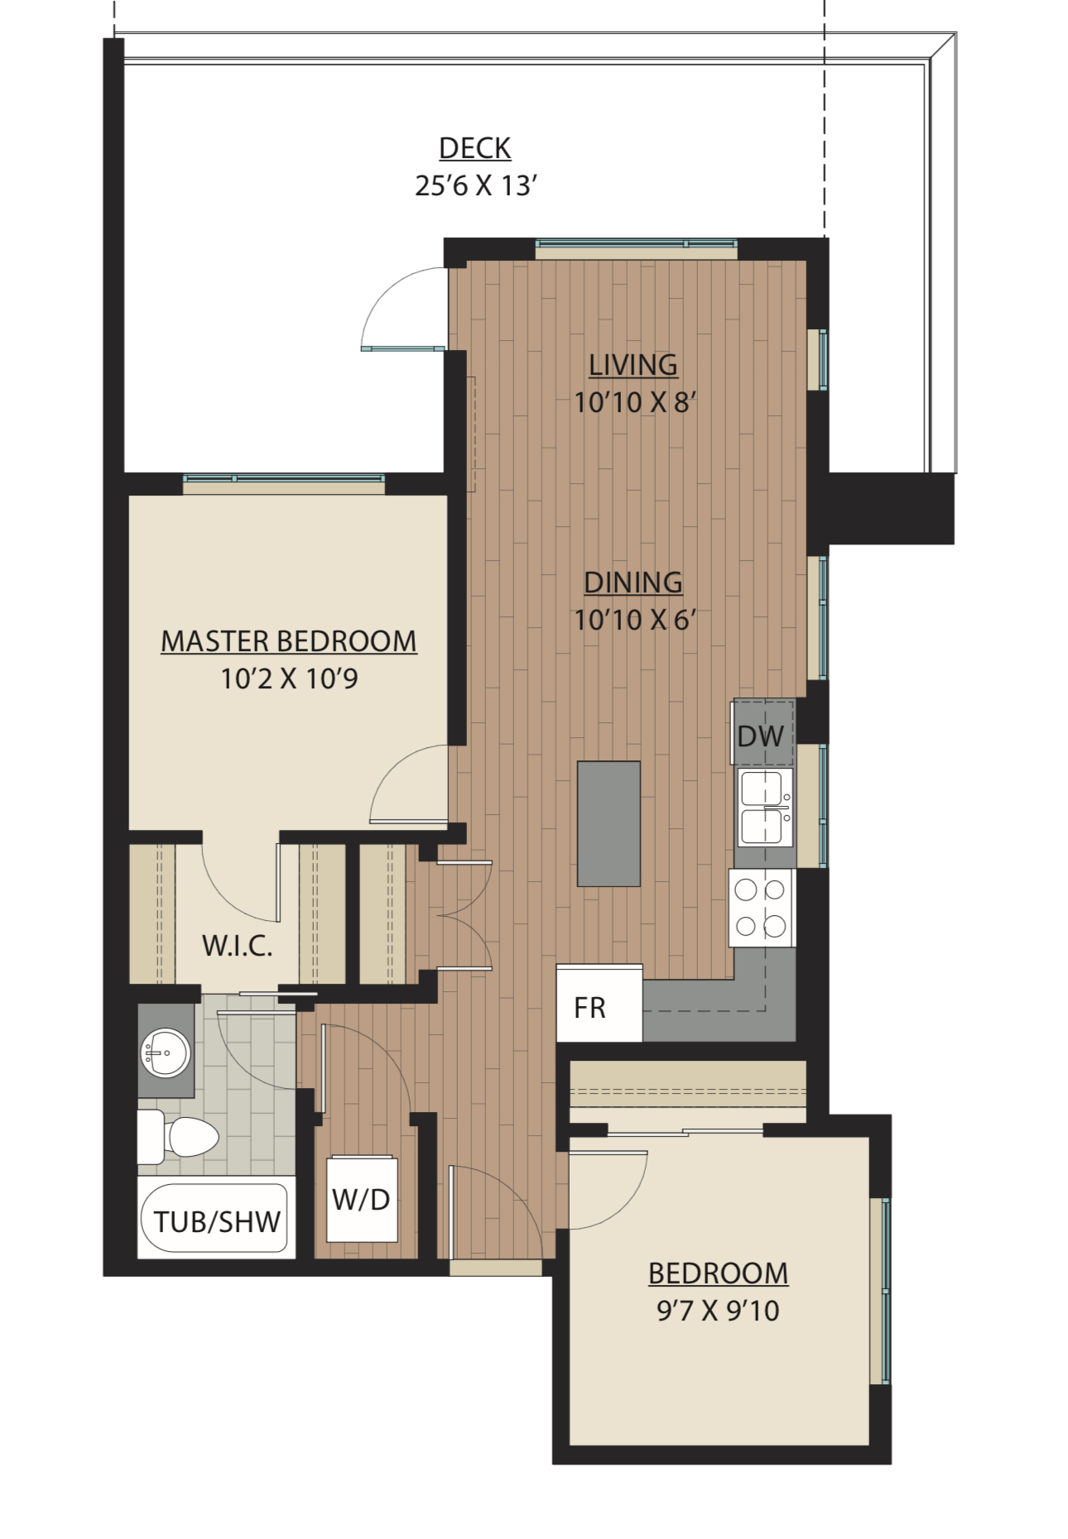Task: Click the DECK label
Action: point(474,148)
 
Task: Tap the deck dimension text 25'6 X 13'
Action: point(476,185)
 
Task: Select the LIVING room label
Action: point(633,365)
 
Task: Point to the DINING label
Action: point(633,583)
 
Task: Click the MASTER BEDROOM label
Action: point(289,641)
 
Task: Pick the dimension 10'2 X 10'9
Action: point(289,678)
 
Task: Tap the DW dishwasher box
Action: point(763,734)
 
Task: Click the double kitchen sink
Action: point(764,808)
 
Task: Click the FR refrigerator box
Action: point(599,1004)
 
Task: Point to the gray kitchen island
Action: point(609,824)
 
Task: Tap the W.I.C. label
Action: point(238,946)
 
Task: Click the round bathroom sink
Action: point(166,1053)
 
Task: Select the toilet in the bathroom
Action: point(178,1137)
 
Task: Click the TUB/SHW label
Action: point(217,1222)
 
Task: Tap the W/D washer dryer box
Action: point(362,1199)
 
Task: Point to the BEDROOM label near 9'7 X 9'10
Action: point(718,1273)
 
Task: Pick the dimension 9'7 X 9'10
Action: point(718,1311)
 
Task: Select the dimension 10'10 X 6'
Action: point(635,620)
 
